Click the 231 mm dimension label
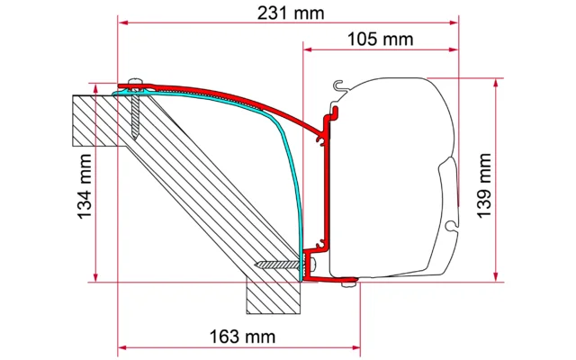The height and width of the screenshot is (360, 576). coord(289,13)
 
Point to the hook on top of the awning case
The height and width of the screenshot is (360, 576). coord(337,86)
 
